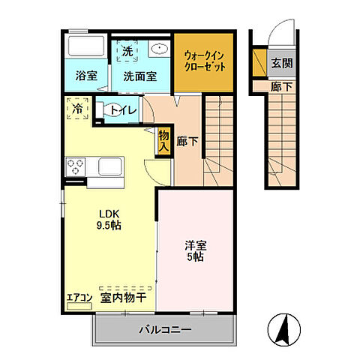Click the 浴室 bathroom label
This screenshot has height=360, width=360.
point(86,76)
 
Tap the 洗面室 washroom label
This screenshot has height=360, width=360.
point(139,76)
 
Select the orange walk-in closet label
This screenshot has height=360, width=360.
point(205,60)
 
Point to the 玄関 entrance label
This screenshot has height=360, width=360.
point(282,64)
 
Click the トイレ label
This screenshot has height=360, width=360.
point(124,111)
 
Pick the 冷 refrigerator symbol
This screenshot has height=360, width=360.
point(78,108)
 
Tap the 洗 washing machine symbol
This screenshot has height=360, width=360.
point(127,52)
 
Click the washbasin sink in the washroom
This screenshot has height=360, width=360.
point(158,50)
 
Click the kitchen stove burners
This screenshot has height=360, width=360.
point(75,166)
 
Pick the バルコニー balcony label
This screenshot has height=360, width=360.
point(165,329)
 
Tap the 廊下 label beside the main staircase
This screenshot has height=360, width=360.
point(188,140)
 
